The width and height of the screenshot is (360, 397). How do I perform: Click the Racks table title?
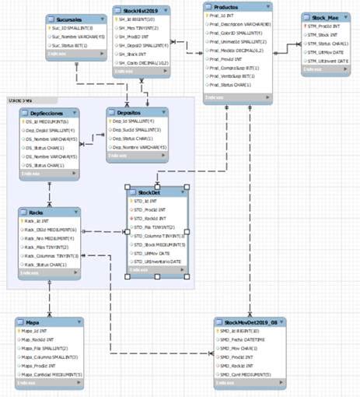[x=37, y=211]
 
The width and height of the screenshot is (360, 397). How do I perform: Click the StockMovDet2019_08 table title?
[x=249, y=321]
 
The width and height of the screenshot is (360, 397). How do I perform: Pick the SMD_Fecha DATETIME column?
[x=244, y=340]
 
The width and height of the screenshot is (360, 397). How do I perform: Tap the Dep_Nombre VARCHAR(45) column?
[x=142, y=146]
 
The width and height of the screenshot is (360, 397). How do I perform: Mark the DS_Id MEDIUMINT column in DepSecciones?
[x=47, y=122]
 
